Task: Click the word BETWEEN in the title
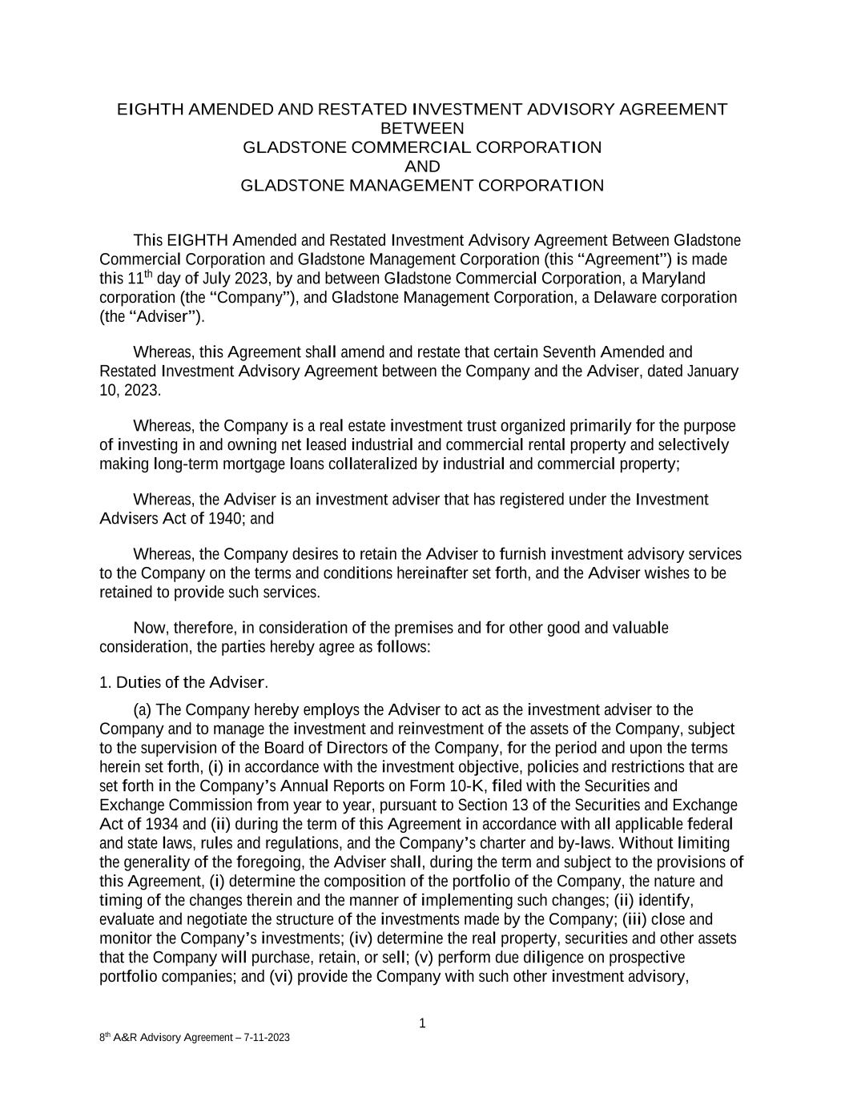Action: [422, 128]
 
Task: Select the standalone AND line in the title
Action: [422, 167]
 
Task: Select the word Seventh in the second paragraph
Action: [569, 352]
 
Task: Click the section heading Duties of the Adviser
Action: [191, 683]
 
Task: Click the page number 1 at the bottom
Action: [422, 1023]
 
